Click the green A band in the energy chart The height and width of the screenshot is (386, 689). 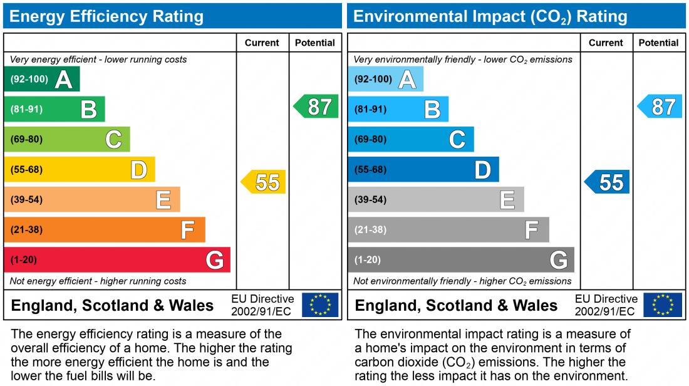tap(42, 79)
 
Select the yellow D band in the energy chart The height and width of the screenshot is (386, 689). tap(80, 169)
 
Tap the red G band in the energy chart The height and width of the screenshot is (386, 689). tap(117, 259)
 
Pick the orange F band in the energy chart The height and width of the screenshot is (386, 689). tap(105, 229)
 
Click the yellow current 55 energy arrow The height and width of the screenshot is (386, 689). tap(264, 182)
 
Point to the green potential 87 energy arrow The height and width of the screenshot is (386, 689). tap(316, 107)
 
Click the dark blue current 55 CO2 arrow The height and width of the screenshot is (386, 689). tap(608, 182)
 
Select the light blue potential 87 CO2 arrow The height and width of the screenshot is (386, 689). tap(660, 107)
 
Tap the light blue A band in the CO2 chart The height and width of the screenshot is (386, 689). tap(386, 79)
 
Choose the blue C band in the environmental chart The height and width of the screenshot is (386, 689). tap(411, 139)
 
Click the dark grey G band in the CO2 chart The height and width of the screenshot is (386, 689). tap(461, 259)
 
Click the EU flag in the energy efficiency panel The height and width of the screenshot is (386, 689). tap(320, 305)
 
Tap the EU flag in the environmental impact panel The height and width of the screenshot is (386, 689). tap(664, 305)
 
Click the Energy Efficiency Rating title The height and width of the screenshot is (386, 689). tap(106, 16)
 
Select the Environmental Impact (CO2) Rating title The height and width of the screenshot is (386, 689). tap(490, 16)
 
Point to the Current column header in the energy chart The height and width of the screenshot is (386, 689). tap(262, 43)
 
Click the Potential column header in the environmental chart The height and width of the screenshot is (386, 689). tap(659, 43)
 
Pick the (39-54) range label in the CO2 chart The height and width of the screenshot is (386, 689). tap(370, 200)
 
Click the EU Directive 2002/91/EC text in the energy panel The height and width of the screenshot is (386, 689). tap(262, 305)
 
